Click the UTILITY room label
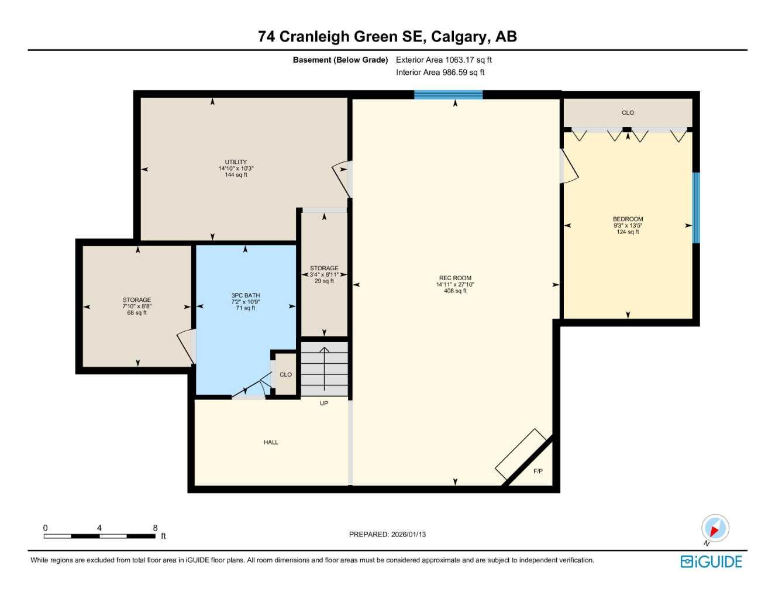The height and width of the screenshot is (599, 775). click(236, 162)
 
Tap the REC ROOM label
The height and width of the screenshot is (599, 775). click(455, 278)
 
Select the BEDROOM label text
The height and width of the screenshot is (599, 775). click(628, 219)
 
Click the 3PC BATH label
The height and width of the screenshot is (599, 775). click(245, 296)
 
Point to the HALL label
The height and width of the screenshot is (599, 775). click(271, 442)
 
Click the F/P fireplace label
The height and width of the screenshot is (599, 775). click(538, 471)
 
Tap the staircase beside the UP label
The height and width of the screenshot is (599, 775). click(324, 369)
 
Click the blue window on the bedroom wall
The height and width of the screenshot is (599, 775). click(695, 208)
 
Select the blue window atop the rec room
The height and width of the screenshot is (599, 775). click(448, 95)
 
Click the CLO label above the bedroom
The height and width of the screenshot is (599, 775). click(628, 112)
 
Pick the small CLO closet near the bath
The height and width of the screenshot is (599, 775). click(285, 374)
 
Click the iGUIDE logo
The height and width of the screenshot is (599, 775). click(711, 562)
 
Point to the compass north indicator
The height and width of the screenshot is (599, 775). click(715, 529)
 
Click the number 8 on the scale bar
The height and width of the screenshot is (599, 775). click(155, 528)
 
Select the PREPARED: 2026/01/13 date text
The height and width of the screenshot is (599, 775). click(387, 534)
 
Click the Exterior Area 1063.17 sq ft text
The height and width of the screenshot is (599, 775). click(443, 60)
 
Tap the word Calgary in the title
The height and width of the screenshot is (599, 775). click(459, 36)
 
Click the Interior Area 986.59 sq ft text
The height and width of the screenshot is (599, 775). click(440, 73)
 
